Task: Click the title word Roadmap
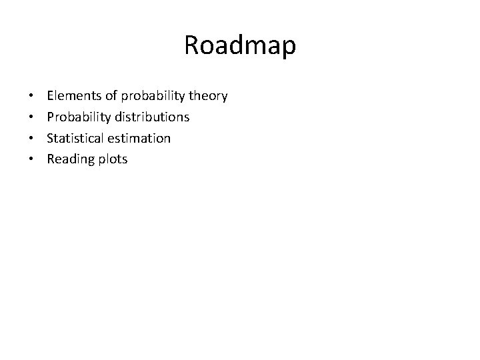[240, 46]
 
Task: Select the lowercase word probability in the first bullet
[150, 97]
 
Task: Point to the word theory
[208, 97]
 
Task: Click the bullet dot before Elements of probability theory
[32, 97]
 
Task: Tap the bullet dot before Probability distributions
[32, 118]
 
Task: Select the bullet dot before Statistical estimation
[32, 139]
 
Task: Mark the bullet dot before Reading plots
[32, 160]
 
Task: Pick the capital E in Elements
[51, 96]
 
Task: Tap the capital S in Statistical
[51, 138]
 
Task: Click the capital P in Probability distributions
[51, 117]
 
